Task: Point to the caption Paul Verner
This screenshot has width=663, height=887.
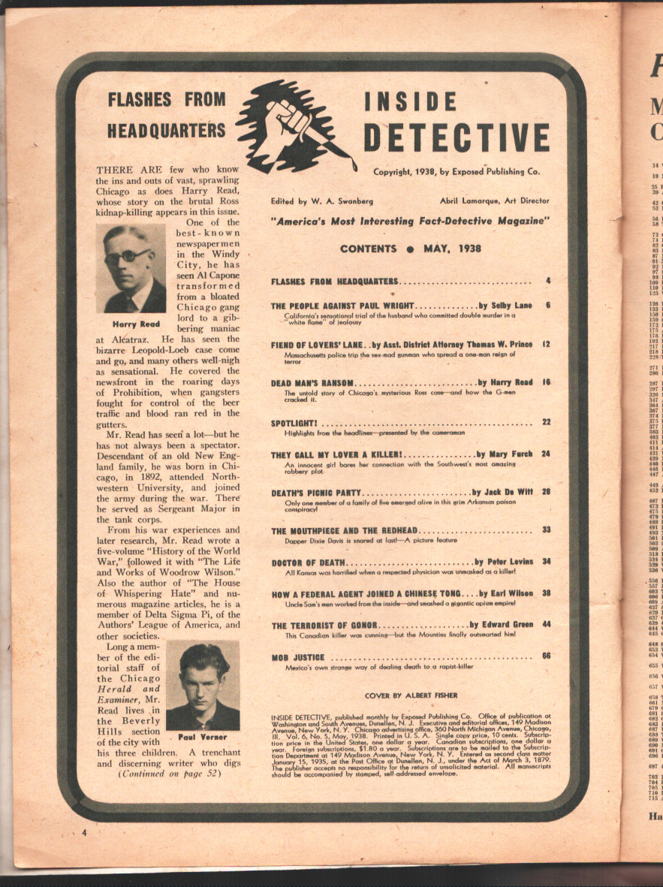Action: click(202, 738)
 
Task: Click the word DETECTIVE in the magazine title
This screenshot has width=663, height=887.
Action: click(457, 137)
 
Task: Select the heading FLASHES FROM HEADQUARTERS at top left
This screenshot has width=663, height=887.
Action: click(166, 113)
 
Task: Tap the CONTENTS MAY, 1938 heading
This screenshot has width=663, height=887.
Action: click(411, 249)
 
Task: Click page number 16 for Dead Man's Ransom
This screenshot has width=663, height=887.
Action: click(546, 382)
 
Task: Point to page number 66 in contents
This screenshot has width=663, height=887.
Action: click(546, 656)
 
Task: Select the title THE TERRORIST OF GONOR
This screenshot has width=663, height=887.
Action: click(324, 625)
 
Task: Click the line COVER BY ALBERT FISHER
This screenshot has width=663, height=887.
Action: click(410, 696)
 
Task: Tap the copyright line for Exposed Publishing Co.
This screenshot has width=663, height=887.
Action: click(457, 172)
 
